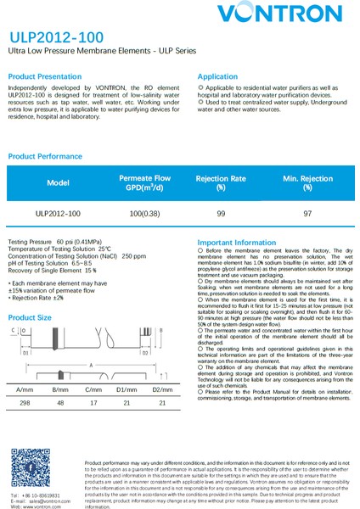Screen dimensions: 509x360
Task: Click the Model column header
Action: point(58,182)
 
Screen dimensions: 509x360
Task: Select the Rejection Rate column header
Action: point(221,182)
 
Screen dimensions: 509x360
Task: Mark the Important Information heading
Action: point(237,242)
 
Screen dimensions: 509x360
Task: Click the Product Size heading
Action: point(30,316)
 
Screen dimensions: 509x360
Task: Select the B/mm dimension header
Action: point(59,389)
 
